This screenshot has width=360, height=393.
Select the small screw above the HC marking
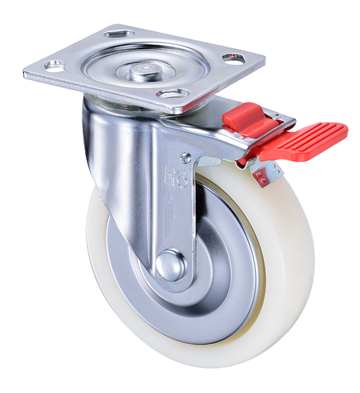pyautogui.click(x=186, y=158)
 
